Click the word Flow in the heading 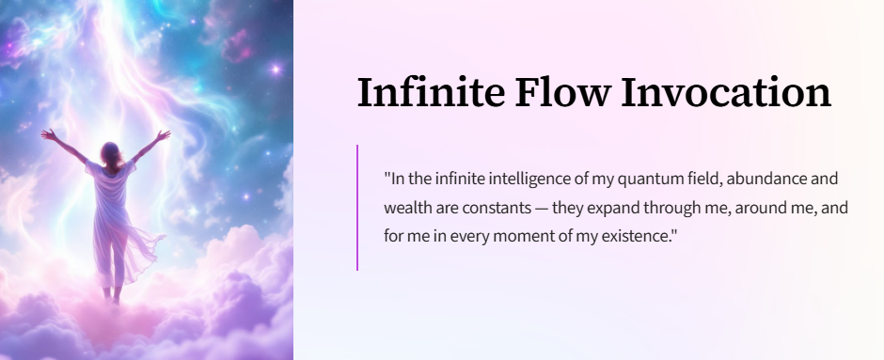562,92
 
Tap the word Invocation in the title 726,92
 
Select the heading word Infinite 431,92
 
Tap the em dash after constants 542,209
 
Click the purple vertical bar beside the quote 357,208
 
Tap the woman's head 111,153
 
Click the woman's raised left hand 49,134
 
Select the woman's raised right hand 163,135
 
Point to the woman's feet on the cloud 112,295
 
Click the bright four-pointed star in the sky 276,70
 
